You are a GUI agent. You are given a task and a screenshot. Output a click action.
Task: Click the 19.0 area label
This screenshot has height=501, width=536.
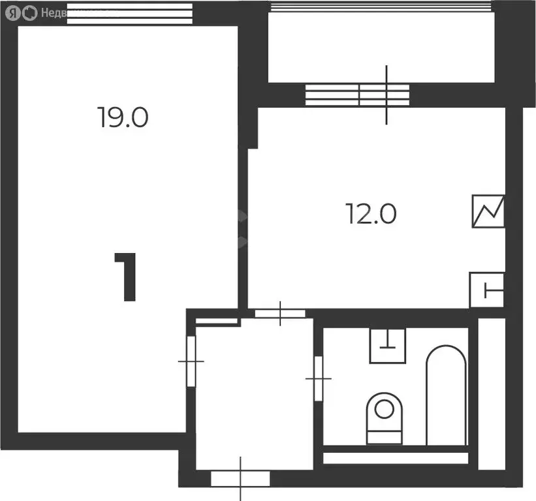[x=123, y=117]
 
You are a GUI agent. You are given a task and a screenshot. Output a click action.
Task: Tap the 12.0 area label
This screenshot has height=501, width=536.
[x=371, y=213]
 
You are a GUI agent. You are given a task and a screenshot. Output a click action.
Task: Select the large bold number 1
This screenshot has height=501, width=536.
[x=127, y=277]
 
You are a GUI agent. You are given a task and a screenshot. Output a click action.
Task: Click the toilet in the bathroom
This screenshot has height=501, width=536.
[x=384, y=417]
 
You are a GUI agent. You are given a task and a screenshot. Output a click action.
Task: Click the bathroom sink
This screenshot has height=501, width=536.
[x=388, y=345]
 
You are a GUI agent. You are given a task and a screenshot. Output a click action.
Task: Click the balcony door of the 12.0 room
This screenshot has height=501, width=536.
[x=358, y=95]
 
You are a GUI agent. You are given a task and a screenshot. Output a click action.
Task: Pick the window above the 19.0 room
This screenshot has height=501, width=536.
[x=130, y=13]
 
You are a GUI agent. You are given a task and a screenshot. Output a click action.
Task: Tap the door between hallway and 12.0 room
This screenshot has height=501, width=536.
[x=279, y=314]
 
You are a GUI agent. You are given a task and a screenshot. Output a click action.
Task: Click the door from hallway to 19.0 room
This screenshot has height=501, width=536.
[x=191, y=361]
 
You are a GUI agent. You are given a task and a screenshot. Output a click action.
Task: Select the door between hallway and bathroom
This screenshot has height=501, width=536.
[x=319, y=378]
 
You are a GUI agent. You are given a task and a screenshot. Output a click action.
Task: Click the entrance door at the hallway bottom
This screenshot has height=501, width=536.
[x=240, y=478]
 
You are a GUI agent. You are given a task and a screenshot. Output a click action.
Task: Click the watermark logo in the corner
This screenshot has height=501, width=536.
[x=20, y=12]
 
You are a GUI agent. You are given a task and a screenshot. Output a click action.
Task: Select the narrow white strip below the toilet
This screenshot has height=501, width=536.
[x=396, y=457]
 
